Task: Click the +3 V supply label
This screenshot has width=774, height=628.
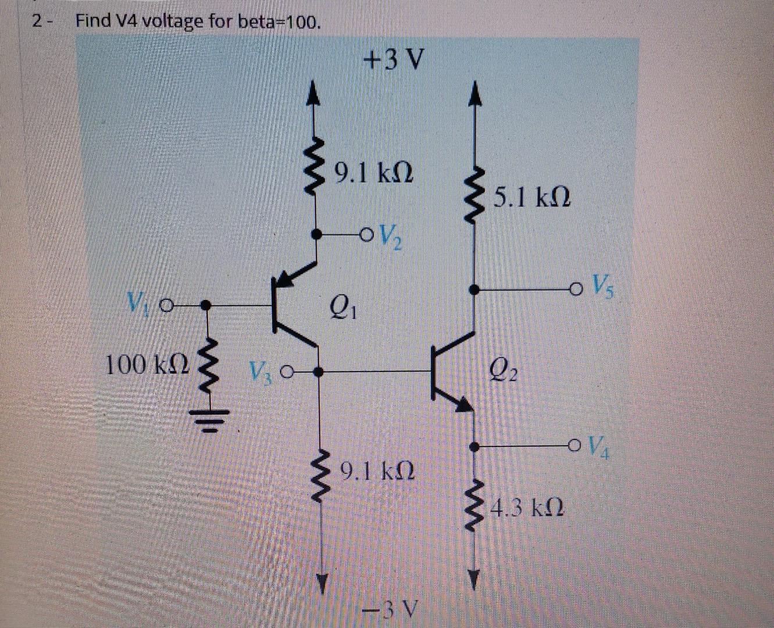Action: coord(394,59)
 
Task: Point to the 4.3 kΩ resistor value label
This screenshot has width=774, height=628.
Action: coord(527,510)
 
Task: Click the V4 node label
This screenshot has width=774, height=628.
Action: coord(597,447)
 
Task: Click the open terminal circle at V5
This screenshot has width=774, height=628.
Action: coord(576,288)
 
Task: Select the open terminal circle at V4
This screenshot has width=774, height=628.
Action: coord(575,447)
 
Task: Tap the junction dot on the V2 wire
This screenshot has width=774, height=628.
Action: coord(316,234)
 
